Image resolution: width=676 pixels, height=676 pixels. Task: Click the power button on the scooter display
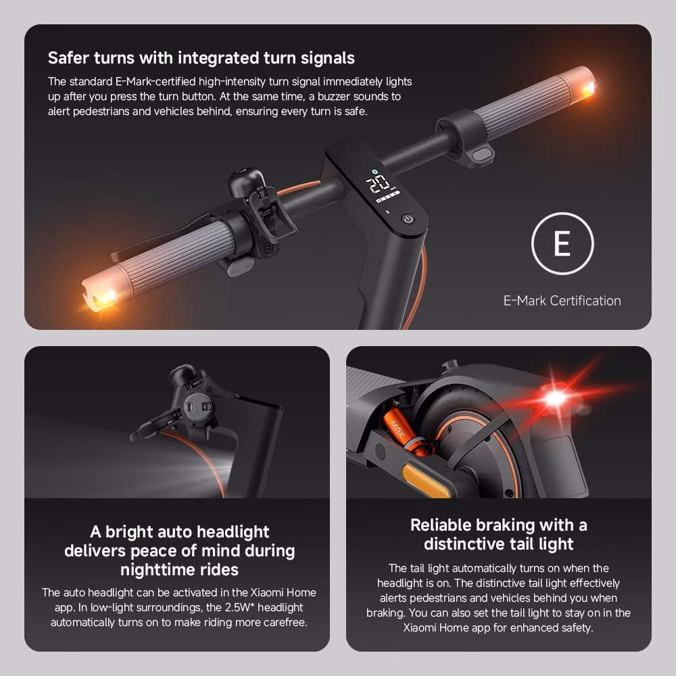pos(408,220)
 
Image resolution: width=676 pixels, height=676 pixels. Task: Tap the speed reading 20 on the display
pos(378,184)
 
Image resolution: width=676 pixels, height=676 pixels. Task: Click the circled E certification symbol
pos(562,243)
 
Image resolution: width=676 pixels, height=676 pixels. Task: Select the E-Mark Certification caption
pos(562,301)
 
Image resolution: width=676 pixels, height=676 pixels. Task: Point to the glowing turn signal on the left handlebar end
pos(105,297)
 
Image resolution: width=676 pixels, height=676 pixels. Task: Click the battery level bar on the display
pos(387,197)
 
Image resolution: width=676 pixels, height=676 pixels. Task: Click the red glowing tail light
pos(556,397)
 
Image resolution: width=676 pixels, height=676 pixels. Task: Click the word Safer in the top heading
pos(68,57)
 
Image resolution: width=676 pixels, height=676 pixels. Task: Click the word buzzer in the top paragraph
pos(333,96)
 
